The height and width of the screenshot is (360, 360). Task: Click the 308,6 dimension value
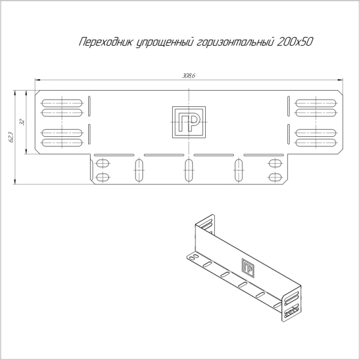190,76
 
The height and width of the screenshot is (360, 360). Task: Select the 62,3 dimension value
11,139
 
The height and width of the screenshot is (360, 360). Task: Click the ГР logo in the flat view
189,122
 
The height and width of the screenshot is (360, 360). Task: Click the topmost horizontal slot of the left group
62,100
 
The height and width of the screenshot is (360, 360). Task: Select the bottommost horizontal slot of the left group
62,143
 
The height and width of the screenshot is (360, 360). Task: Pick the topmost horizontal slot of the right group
316,100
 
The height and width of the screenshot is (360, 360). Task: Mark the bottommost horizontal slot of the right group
316,143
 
